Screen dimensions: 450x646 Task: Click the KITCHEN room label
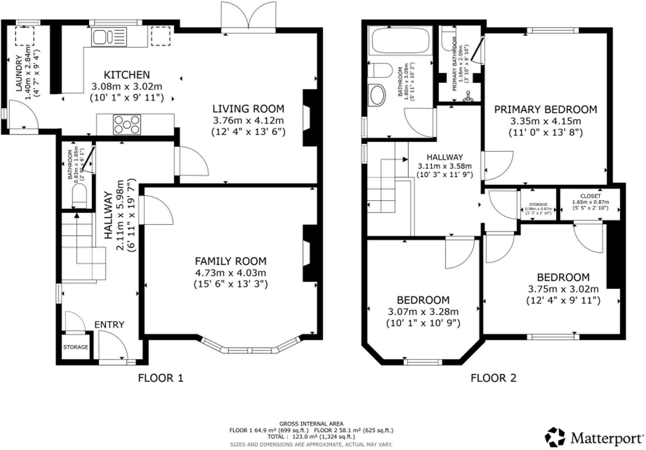point(127,75)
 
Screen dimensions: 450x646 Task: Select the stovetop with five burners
point(127,125)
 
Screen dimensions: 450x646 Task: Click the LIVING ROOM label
point(248,109)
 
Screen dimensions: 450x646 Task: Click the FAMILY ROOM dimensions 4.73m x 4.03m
point(230,272)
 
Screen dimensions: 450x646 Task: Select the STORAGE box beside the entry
point(76,347)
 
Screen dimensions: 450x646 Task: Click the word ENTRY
point(109,325)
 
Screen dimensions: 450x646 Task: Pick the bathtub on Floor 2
point(399,41)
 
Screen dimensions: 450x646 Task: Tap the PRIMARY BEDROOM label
point(545,109)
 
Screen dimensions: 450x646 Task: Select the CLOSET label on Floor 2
point(590,196)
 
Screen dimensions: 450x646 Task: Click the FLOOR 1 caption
point(161,378)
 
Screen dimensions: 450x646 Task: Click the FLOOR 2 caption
point(493,378)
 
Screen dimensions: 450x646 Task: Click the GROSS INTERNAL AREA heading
point(311,424)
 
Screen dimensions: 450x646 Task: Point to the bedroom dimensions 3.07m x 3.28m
point(423,312)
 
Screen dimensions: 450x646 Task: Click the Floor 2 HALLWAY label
point(444,157)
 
